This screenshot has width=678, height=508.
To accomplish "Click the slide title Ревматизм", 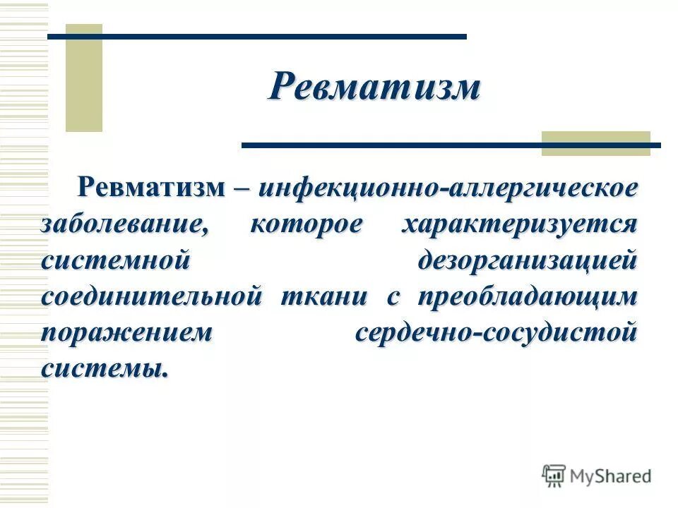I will click(x=374, y=87).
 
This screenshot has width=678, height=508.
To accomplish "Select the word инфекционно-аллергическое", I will click(x=448, y=188).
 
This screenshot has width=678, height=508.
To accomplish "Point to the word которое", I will click(x=306, y=224).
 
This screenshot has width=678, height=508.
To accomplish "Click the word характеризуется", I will click(x=519, y=224).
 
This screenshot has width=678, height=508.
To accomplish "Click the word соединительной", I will click(x=152, y=296).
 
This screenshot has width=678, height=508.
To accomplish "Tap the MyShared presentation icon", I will click(x=554, y=476).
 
